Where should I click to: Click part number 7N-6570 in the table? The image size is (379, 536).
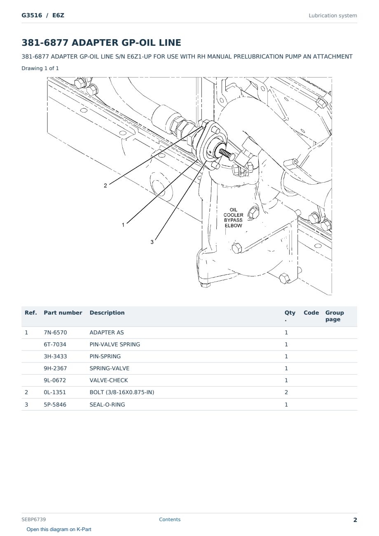55,332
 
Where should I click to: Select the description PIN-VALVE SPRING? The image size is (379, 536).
115,344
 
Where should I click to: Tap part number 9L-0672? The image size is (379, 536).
55,380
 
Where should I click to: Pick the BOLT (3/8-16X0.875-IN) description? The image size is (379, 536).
122,393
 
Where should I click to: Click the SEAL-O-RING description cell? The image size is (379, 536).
107,404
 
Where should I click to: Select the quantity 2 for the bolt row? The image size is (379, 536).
286,393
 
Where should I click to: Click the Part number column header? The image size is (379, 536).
63,313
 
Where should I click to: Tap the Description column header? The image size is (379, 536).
107,313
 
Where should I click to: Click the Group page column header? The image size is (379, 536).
335,316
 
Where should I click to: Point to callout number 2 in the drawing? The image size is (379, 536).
105,186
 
